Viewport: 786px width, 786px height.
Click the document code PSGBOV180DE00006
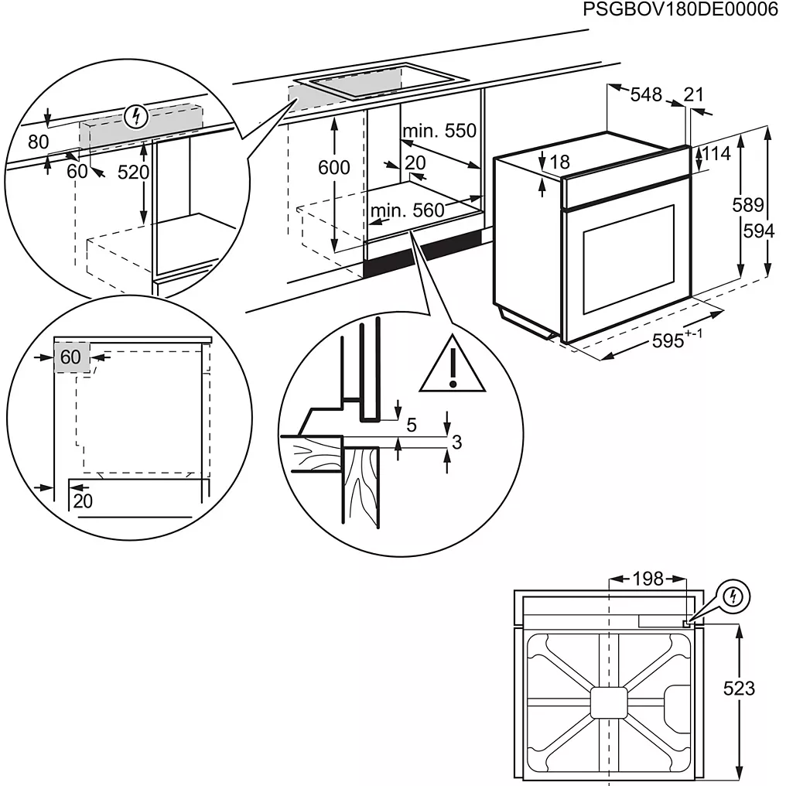pos(680,11)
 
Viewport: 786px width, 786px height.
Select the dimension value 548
pos(646,94)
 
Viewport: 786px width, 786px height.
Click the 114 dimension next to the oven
pos(716,153)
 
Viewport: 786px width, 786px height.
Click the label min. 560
pos(407,210)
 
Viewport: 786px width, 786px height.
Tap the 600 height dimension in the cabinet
pos(334,167)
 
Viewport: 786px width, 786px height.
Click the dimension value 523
pos(740,688)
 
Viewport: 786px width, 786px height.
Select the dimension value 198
pos(648,578)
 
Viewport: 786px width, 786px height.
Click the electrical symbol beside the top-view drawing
pos(734,596)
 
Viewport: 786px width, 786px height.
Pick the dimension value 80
pos(37,142)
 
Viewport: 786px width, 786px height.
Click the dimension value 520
pos(132,173)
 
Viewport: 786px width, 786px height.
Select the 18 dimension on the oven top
pos(560,162)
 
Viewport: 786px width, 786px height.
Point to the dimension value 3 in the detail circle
pos(456,442)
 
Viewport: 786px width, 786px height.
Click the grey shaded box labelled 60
pos(71,357)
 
